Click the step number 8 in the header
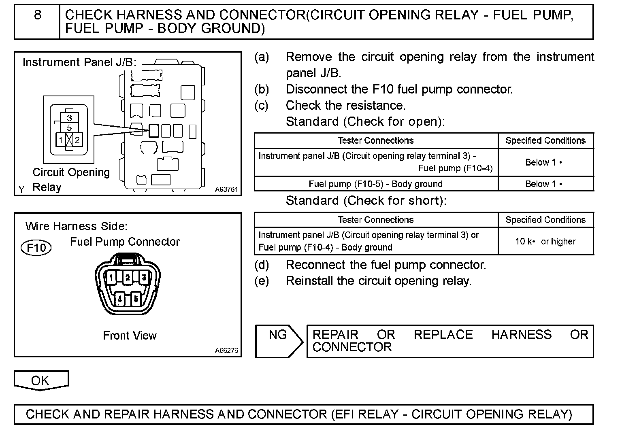coord(37,15)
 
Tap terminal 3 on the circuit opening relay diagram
coord(69,118)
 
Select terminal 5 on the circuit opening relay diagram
coord(69,128)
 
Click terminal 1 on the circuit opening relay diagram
coord(61,140)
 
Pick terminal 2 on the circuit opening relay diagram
coord(77,140)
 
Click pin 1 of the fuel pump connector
coord(111,278)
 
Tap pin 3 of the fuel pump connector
coord(143,278)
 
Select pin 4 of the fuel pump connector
coord(119,299)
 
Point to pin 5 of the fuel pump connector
coord(136,299)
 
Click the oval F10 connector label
coord(36,247)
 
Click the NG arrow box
coord(279,341)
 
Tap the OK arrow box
coord(41,380)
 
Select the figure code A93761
coord(226,189)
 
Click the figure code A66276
coord(226,350)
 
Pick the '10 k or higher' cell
coord(545,242)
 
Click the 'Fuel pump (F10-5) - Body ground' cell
coord(376,184)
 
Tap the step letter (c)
coord(262,106)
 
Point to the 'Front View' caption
coord(130,336)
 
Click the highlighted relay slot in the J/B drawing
coord(154,131)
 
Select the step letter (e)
coord(262,281)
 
